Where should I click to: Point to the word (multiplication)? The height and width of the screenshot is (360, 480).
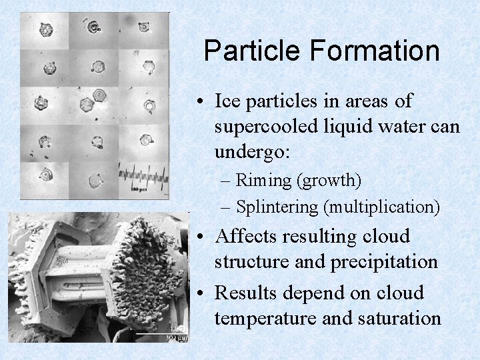tap(381, 207)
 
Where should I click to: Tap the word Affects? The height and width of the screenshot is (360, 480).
tap(247, 236)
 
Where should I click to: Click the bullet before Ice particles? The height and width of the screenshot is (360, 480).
tap(200, 103)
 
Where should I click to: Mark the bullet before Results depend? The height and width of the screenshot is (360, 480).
tap(200, 293)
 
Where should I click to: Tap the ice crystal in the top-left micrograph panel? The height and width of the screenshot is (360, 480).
tap(45, 30)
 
